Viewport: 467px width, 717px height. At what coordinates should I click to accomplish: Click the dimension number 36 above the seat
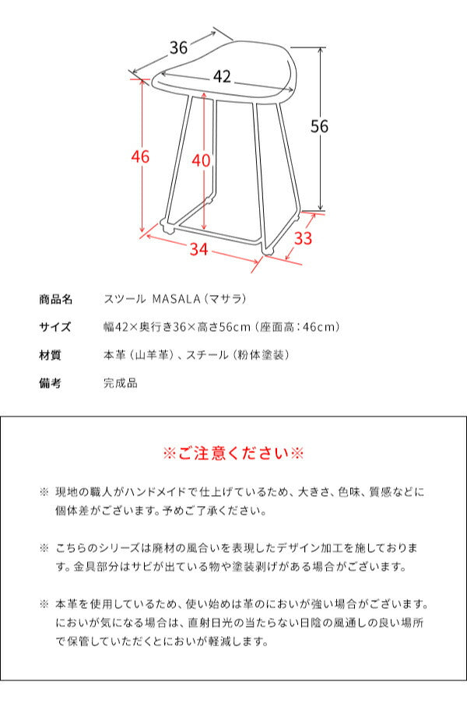click(179, 47)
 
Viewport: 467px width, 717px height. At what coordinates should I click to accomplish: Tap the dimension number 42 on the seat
click(222, 76)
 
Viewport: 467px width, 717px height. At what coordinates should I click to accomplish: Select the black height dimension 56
click(319, 127)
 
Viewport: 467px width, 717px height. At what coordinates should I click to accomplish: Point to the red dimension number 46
click(140, 156)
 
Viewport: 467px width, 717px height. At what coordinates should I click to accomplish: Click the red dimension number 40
click(201, 160)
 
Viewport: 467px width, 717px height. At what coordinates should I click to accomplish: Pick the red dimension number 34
click(199, 249)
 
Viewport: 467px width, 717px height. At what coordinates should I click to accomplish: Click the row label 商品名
click(55, 299)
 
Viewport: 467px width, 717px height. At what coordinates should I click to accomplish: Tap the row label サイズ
click(55, 327)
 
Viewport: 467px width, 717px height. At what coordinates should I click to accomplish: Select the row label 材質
click(50, 355)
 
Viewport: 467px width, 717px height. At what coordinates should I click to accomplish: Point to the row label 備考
click(50, 383)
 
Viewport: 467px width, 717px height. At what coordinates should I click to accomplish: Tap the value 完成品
click(120, 383)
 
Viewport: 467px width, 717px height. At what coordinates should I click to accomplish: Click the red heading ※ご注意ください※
click(233, 453)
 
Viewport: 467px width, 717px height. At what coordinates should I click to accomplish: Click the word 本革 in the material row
click(114, 355)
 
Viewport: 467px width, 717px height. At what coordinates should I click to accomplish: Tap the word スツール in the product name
click(122, 299)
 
